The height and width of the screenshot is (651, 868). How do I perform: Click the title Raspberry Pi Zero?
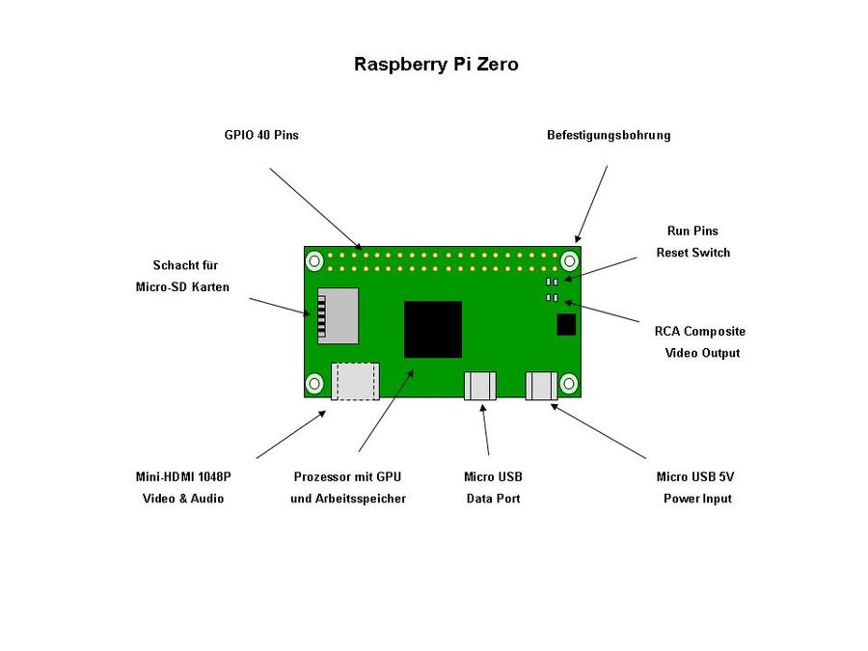tap(436, 65)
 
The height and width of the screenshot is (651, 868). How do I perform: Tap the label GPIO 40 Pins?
tap(261, 135)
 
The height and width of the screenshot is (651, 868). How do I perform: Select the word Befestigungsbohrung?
tap(609, 135)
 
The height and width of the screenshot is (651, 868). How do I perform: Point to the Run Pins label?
tap(692, 231)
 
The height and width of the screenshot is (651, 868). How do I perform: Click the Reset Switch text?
tap(692, 253)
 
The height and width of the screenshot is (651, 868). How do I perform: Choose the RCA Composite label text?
tap(699, 331)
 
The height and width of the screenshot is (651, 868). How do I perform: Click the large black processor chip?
tap(433, 329)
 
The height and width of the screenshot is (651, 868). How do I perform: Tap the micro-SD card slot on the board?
tap(338, 315)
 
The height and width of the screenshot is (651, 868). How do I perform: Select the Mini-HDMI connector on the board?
tap(355, 381)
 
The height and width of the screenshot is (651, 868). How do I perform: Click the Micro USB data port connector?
tap(480, 386)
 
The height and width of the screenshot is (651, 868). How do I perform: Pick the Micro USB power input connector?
tap(542, 386)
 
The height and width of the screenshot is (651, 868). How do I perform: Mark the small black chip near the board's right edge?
tap(567, 324)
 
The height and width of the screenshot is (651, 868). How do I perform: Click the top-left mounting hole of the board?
tap(314, 260)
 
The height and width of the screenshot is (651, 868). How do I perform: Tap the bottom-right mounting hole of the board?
tap(569, 384)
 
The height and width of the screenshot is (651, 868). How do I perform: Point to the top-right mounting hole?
tap(570, 260)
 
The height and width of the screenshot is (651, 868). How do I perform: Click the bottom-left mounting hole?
tap(314, 384)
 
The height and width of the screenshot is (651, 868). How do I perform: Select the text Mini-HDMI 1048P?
tap(183, 476)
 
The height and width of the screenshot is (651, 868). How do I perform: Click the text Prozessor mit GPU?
tap(347, 476)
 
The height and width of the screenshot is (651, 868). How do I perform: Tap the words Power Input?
tap(697, 499)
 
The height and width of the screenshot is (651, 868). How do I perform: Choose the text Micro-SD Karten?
tap(182, 286)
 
